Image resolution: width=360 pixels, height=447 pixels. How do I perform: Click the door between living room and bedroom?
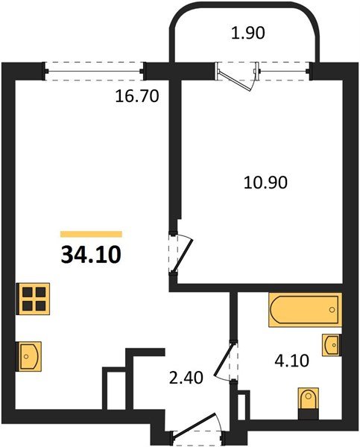(181, 253)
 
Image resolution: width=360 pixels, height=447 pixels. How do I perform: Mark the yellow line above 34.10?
(91, 233)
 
